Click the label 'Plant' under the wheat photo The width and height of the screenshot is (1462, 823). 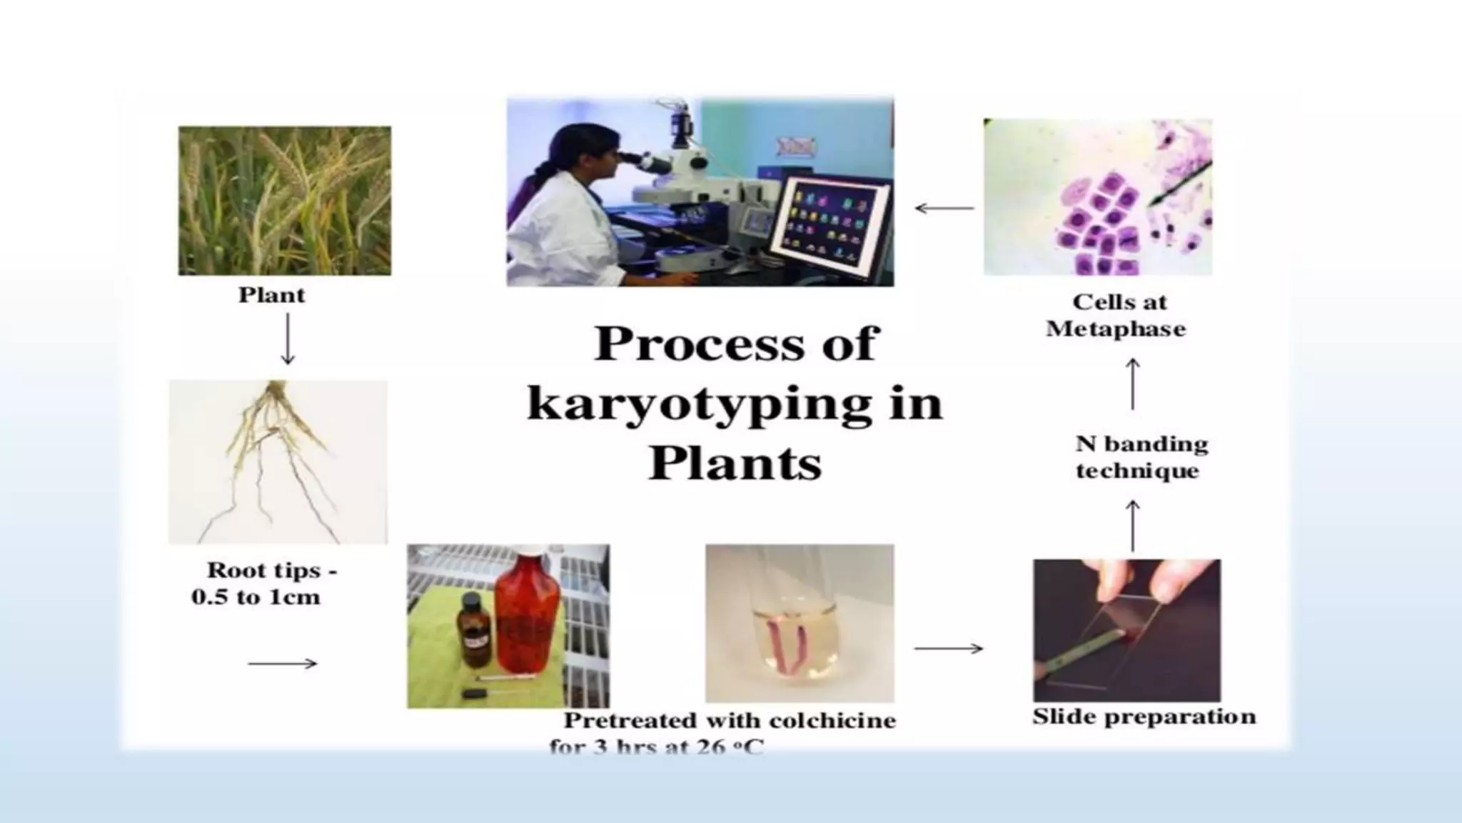tap(271, 295)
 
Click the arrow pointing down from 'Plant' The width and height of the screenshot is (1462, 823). tap(288, 339)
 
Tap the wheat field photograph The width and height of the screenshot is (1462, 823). tap(285, 201)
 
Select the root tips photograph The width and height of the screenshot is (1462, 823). tap(278, 462)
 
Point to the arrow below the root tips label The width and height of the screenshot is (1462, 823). tap(283, 664)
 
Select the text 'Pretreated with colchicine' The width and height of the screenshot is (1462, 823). tap(730, 720)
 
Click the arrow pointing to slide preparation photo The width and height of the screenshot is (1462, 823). tap(949, 649)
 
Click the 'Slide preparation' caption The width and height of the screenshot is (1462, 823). tap(1144, 717)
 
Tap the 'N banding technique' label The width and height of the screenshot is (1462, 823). tap(1140, 457)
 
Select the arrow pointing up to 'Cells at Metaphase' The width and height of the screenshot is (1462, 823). tap(1133, 384)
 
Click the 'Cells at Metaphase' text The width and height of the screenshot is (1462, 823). tap(1117, 315)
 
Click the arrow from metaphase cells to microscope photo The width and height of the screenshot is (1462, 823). tap(944, 209)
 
